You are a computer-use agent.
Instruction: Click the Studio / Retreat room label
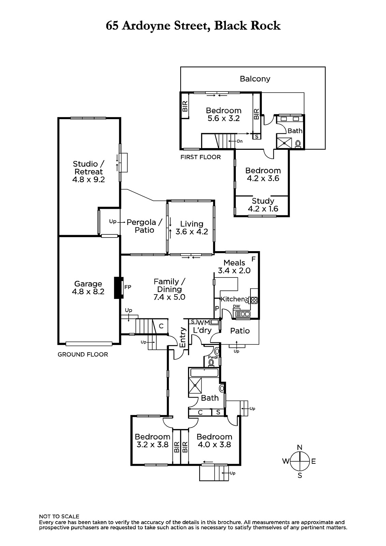tap(88, 172)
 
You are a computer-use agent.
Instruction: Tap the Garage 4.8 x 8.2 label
tap(88, 288)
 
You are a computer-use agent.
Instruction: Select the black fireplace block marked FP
tap(119, 288)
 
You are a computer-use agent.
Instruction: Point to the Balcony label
tap(255, 79)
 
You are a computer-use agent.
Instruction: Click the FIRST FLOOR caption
tap(200, 157)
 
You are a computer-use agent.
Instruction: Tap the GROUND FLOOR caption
tap(83, 355)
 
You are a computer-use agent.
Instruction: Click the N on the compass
tap(300, 447)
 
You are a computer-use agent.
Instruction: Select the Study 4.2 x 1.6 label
tap(263, 205)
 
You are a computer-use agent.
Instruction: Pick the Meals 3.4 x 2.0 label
tap(234, 267)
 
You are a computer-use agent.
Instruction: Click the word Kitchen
tap(232, 299)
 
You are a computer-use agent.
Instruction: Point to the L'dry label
tap(202, 331)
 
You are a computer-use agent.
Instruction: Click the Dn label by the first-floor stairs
tap(240, 141)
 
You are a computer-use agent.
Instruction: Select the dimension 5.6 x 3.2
tap(224, 118)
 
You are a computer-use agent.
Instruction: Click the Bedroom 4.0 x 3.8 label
tap(214, 441)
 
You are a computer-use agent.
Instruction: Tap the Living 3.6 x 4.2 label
tap(192, 228)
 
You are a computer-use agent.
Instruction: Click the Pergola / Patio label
tap(144, 226)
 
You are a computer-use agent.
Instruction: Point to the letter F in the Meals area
tap(253, 259)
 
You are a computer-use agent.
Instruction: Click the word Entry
tap(183, 337)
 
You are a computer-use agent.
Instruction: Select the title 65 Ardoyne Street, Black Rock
tap(193, 26)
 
